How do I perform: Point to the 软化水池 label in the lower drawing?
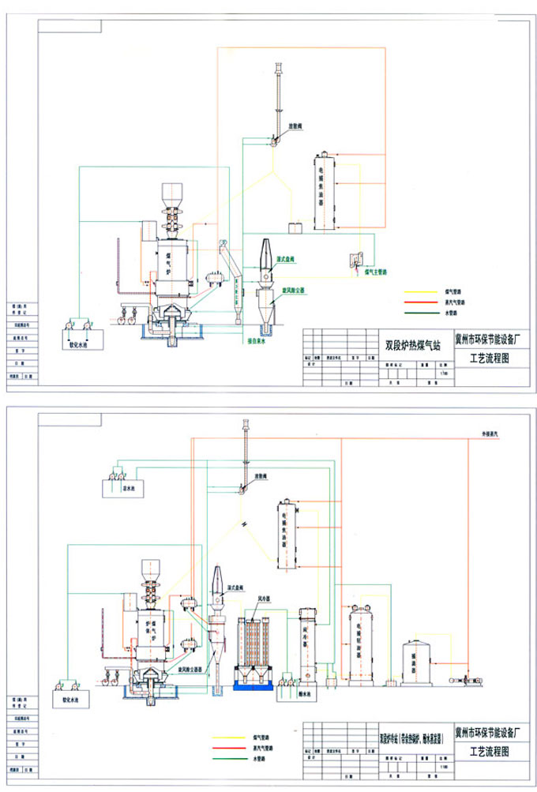(x=71, y=699)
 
